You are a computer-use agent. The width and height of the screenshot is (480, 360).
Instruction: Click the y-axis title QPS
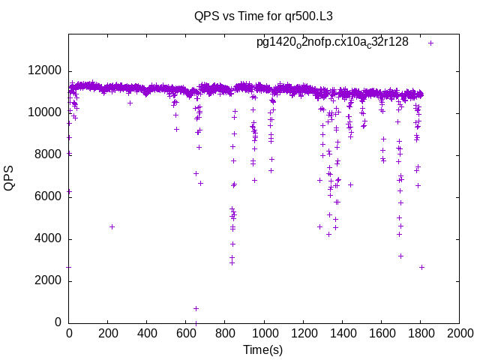(10, 178)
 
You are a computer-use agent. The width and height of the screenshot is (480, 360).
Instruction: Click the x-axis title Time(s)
(262, 349)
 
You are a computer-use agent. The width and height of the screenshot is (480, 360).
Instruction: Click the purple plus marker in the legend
(430, 43)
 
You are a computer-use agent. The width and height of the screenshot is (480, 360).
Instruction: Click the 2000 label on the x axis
(459, 331)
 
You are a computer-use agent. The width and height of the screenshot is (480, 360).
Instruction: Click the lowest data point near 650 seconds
(196, 308)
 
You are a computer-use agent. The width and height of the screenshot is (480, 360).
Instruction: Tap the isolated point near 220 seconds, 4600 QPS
(112, 226)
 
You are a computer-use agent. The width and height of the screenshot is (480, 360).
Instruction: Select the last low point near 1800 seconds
(421, 267)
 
